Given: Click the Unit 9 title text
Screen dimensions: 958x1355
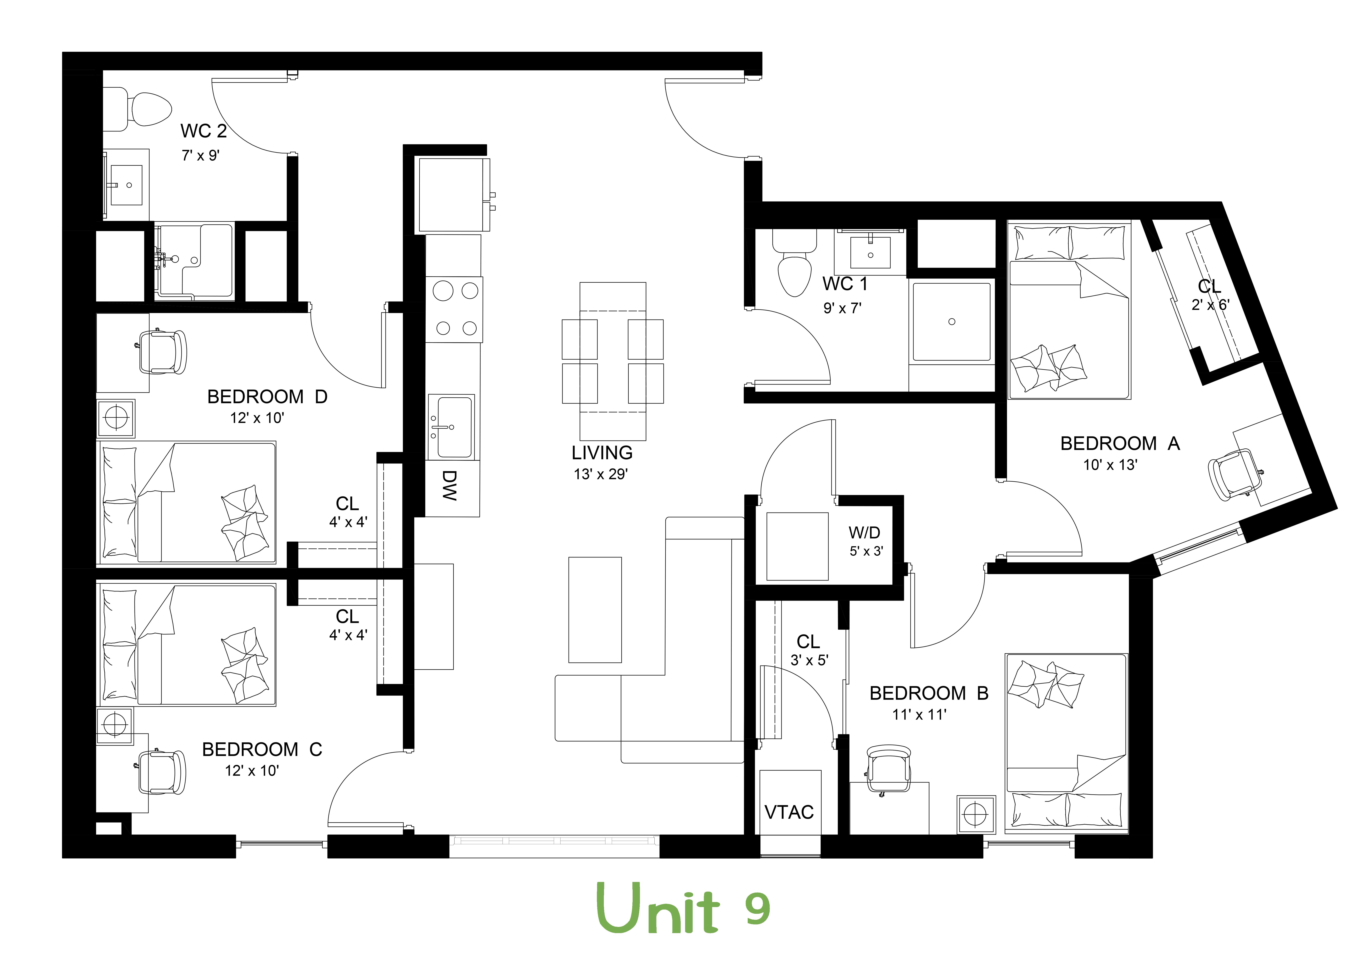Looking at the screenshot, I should coord(683,908).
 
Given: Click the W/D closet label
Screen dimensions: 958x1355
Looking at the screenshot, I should coord(865,533).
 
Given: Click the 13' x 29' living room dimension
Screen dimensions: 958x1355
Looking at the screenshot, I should coord(601,474).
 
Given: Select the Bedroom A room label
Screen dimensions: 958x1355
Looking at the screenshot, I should coord(1120,444).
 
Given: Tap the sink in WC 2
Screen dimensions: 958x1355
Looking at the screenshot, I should coord(127,185).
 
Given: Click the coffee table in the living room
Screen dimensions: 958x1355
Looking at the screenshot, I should coord(595,609).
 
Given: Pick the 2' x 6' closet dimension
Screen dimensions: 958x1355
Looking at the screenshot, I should coord(1210,305).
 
